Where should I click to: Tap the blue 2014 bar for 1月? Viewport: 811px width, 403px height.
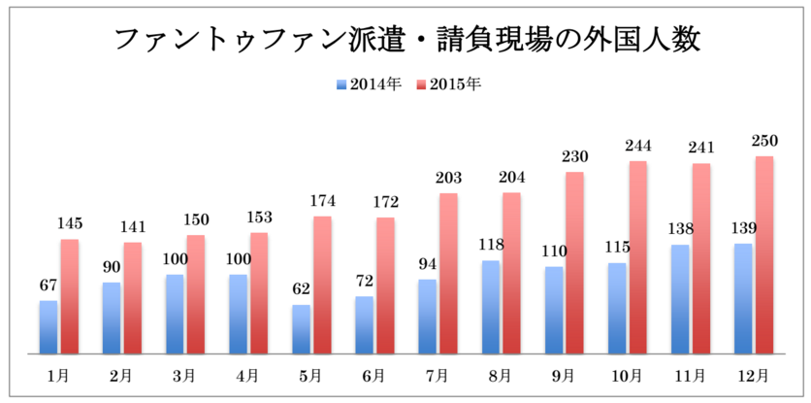click(x=49, y=327)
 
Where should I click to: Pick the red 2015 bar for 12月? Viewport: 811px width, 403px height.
click(x=764, y=255)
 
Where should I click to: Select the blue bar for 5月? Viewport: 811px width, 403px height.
click(x=301, y=329)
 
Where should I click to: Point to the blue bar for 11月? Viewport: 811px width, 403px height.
click(x=679, y=299)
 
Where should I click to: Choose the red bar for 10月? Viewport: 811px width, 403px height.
click(x=637, y=257)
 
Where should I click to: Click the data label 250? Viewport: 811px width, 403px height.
click(x=764, y=142)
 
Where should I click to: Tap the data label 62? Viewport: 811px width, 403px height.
click(x=301, y=289)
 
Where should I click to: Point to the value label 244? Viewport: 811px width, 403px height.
click(x=637, y=147)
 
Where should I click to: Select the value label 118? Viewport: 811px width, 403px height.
click(x=490, y=246)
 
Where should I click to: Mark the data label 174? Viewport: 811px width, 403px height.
click(x=322, y=201)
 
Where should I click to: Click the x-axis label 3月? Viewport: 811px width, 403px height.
click(x=184, y=375)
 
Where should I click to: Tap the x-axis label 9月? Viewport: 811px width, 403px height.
click(x=563, y=375)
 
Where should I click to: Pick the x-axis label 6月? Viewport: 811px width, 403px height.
click(x=373, y=375)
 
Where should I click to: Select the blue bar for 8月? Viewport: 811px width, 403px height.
click(x=490, y=307)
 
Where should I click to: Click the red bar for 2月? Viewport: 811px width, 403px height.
click(x=133, y=297)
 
